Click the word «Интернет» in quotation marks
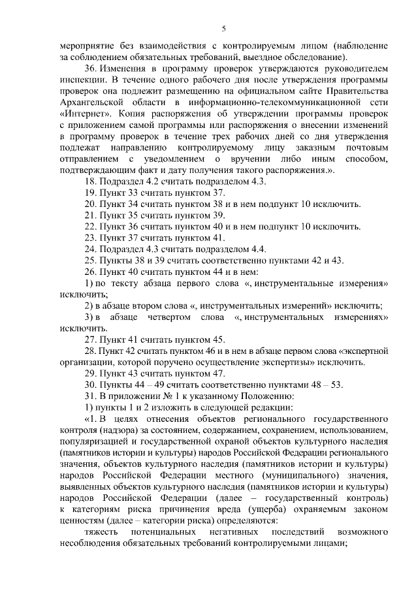point(82,112)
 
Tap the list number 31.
point(91,395)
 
